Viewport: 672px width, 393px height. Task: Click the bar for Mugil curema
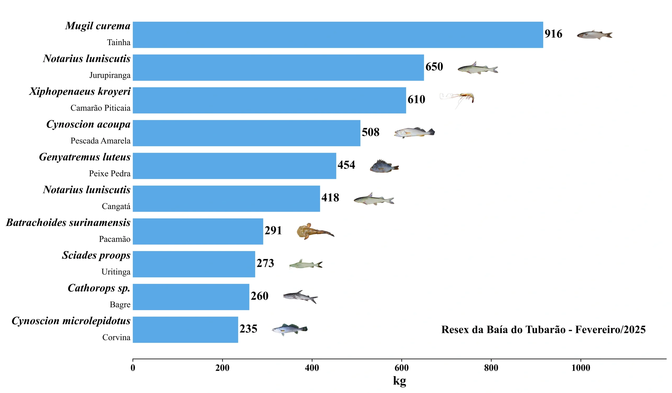click(x=338, y=35)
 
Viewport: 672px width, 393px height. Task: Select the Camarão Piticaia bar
click(x=269, y=100)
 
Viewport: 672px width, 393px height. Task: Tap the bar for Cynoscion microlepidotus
click(x=185, y=330)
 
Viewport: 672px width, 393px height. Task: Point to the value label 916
click(x=553, y=34)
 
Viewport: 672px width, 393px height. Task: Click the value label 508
click(x=370, y=132)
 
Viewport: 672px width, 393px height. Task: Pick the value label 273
click(x=265, y=263)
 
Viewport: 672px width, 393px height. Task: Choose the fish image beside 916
click(x=594, y=35)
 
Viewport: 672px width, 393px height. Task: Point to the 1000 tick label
click(x=581, y=368)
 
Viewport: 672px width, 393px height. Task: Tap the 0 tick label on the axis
click(x=133, y=368)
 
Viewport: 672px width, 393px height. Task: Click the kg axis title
click(x=399, y=381)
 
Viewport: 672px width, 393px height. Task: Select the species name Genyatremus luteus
click(x=85, y=157)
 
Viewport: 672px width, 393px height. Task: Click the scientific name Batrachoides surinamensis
click(x=68, y=222)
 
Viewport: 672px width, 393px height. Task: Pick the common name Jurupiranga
click(x=110, y=75)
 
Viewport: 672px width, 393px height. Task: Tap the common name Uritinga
click(x=116, y=272)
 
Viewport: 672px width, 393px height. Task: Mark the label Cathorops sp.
click(x=99, y=288)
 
